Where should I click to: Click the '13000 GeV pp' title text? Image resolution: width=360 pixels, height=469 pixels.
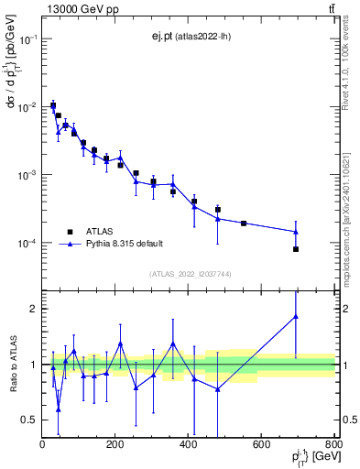tap(78, 9)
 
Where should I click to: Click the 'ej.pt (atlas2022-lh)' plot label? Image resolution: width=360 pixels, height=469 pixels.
tap(190, 37)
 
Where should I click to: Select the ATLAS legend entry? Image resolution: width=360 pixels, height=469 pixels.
tap(101, 231)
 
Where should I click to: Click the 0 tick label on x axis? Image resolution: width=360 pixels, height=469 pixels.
tap(42, 444)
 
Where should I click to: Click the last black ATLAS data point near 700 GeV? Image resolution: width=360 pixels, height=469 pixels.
tap(296, 249)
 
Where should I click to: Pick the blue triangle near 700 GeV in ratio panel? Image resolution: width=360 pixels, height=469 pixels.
tap(296, 316)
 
